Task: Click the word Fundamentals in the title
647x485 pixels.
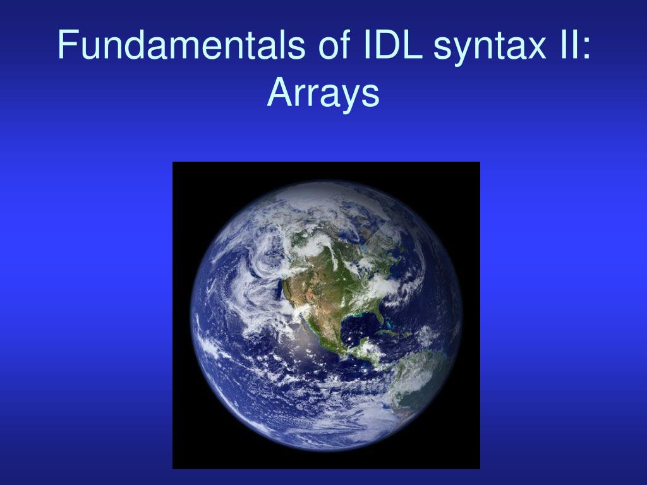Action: [181, 45]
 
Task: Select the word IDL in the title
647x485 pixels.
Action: [393, 45]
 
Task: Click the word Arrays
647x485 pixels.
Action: [323, 95]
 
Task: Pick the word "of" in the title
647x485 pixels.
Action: [334, 45]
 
